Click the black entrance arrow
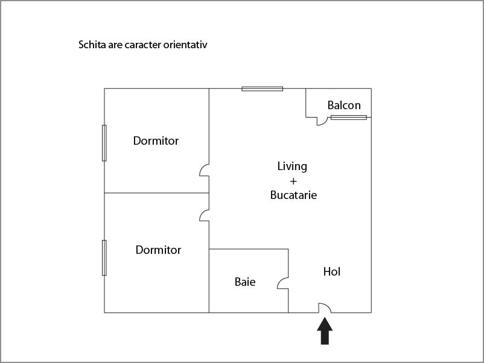pos(325,331)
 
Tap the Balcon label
pos(344,106)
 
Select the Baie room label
pos(245,282)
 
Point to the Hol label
pos(332,272)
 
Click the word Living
pos(292,166)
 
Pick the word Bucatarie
pos(293,195)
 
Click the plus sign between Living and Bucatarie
pos(293,181)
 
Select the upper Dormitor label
pos(156,141)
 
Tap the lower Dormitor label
pos(158,250)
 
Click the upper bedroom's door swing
pos(205,170)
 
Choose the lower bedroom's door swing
pos(205,216)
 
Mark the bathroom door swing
pos(283,283)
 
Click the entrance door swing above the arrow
pos(325,308)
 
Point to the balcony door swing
pos(322,121)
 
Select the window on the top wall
pos(263,89)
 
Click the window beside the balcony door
pos(349,118)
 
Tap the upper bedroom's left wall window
pos(104,143)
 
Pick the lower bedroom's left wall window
pos(104,258)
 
